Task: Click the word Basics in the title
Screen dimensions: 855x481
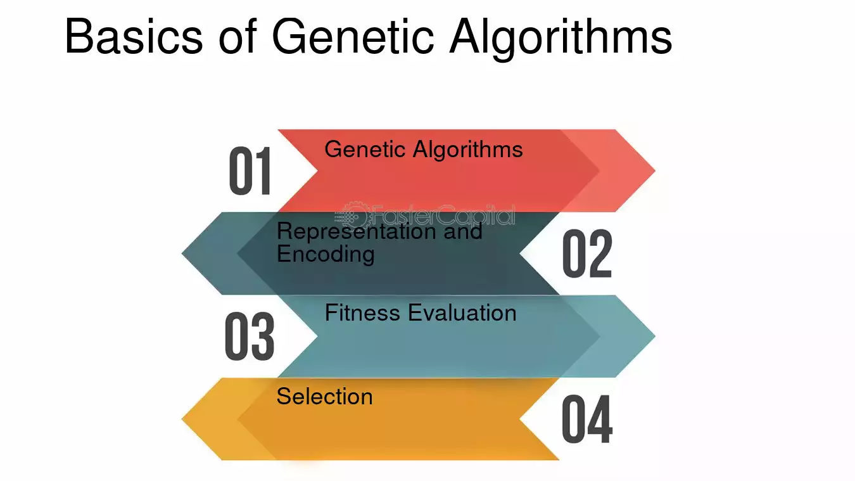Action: click(x=134, y=36)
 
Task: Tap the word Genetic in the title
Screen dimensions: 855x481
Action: click(x=353, y=36)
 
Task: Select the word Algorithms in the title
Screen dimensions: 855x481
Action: click(x=560, y=38)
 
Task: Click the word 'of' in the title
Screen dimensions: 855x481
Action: click(x=237, y=35)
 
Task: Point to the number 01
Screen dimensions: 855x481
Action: click(x=250, y=170)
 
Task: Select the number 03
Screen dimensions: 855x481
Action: click(x=250, y=337)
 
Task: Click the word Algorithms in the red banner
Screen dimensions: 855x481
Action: click(x=467, y=150)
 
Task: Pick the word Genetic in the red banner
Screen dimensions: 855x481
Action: click(x=365, y=149)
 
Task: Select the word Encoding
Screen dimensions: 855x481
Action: click(x=326, y=255)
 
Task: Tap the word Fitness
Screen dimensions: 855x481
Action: click(x=363, y=313)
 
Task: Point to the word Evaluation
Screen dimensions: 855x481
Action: click(x=462, y=313)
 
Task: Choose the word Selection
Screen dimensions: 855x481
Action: click(x=324, y=396)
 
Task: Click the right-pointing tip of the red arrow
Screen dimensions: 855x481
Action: click(x=655, y=170)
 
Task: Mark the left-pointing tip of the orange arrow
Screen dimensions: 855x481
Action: click(x=182, y=419)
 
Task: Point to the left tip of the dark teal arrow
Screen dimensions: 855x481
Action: click(x=182, y=253)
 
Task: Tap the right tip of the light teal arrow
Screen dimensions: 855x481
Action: click(x=655, y=337)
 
